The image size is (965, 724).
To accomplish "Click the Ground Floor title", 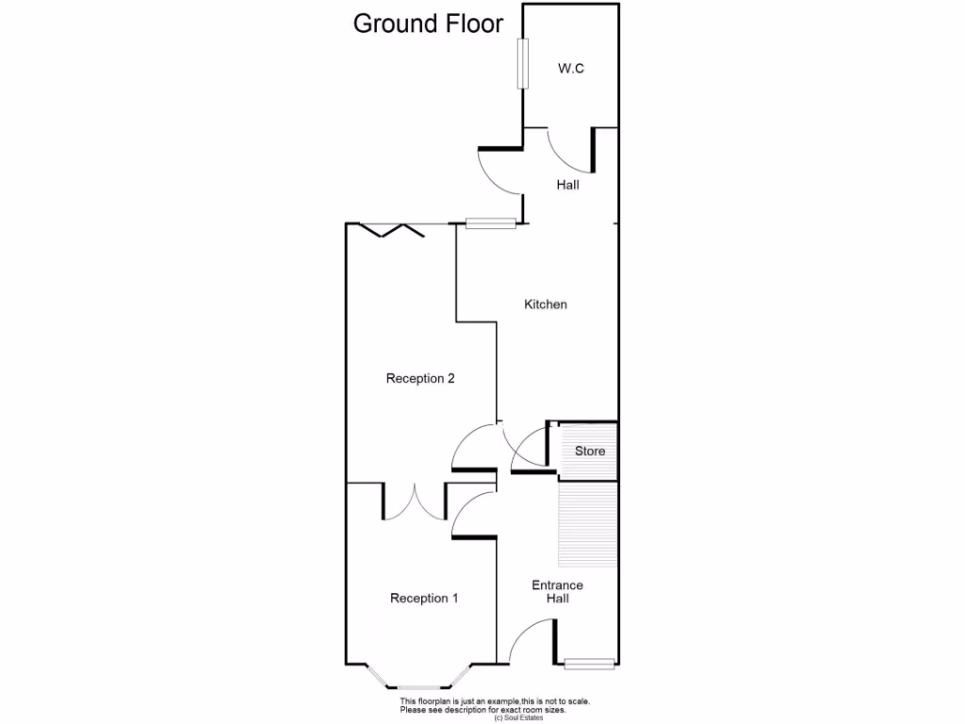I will click(428, 24).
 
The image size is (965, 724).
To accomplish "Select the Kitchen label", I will click(546, 304).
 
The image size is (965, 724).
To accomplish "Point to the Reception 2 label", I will click(420, 379).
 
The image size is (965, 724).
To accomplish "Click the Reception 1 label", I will click(424, 598).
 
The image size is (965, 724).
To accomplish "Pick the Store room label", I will click(590, 451).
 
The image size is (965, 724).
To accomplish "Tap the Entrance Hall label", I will click(557, 591).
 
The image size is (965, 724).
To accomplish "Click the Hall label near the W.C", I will click(567, 186).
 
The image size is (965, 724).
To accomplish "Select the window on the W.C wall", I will click(521, 63).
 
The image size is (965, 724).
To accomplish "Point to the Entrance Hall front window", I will click(590, 664).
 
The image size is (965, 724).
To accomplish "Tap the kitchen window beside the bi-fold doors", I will click(491, 223).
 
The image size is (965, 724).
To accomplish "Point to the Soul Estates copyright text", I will click(517, 718).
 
